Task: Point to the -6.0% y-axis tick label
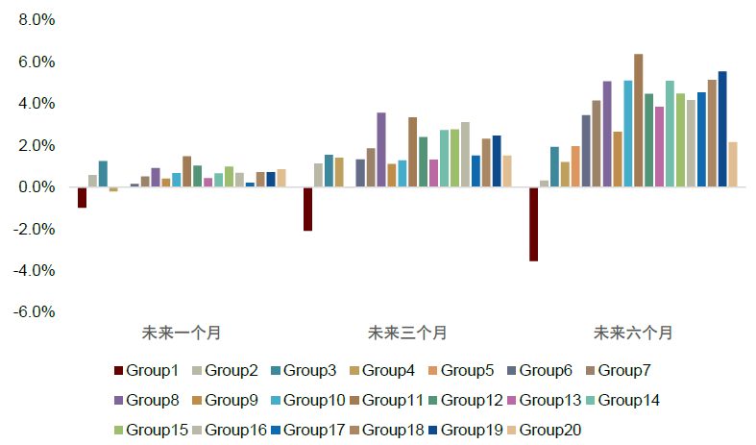tap(34, 312)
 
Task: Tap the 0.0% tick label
tap(36, 187)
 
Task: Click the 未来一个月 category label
tap(182, 334)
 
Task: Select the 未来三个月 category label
tap(407, 334)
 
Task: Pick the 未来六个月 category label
tap(633, 334)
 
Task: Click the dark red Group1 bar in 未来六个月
tap(533, 224)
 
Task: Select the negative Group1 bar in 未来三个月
tap(307, 209)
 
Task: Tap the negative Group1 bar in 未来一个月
tap(83, 197)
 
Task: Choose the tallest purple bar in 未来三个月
tap(381, 150)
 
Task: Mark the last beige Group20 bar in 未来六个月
tap(733, 164)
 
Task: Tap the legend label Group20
tap(550, 431)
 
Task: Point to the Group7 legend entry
tap(623, 371)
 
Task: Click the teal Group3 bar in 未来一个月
tap(103, 174)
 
